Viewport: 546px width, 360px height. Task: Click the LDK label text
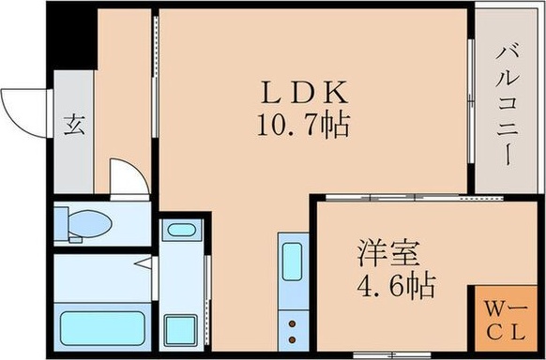304,93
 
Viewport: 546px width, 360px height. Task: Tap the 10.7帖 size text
304,125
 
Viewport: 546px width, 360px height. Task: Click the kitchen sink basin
292,259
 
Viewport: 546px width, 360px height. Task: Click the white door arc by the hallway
128,177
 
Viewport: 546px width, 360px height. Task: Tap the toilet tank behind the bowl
63,224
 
